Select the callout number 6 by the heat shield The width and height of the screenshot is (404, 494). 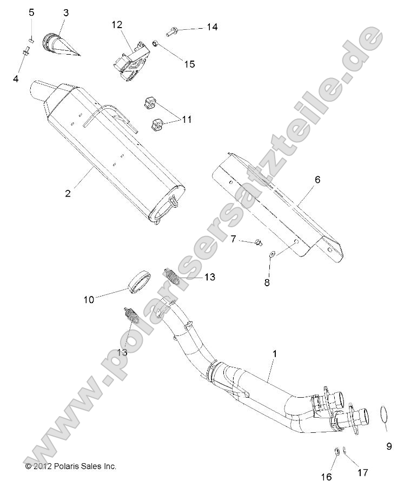click(x=317, y=180)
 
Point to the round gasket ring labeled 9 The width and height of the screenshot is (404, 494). click(x=382, y=413)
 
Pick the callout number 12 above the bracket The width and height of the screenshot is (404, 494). click(x=117, y=25)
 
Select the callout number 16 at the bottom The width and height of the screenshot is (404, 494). click(x=327, y=477)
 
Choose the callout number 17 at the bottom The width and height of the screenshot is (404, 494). click(x=362, y=473)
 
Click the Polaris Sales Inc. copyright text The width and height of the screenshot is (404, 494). click(x=71, y=466)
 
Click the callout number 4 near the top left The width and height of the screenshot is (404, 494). click(x=16, y=79)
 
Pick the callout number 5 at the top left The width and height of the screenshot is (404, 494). click(x=31, y=13)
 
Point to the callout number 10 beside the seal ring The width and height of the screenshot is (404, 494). click(x=89, y=298)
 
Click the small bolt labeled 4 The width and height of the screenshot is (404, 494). click(x=27, y=51)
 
